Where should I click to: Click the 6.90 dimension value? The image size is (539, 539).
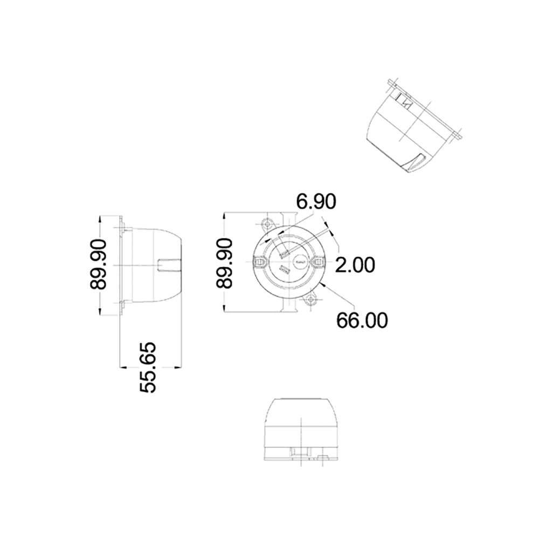tap(316, 202)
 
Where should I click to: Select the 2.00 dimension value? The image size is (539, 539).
tap(354, 265)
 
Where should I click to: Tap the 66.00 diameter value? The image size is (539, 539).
tap(362, 320)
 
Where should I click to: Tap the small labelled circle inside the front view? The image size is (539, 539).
tap(300, 263)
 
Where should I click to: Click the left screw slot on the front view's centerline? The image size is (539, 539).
tap(261, 262)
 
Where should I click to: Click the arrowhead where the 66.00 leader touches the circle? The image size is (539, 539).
tap(321, 283)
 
